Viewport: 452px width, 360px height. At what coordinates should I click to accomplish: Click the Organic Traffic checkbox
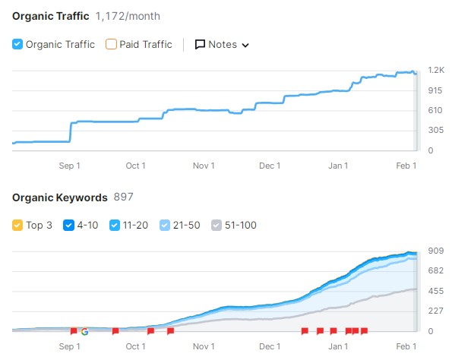point(18,44)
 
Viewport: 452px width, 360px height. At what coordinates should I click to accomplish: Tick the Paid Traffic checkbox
point(112,44)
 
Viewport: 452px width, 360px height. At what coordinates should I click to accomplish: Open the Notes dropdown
point(222,44)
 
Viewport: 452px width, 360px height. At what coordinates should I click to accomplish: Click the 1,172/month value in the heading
point(128,16)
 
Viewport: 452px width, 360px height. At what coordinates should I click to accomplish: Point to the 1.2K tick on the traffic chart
point(435,71)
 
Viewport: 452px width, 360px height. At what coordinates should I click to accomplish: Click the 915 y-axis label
point(435,90)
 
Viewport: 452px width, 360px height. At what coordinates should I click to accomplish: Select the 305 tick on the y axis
point(435,131)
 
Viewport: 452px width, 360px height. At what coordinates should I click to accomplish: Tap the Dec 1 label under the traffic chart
point(269,166)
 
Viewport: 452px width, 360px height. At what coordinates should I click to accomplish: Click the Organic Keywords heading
point(60,197)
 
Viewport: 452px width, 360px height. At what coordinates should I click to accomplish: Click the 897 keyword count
point(123,197)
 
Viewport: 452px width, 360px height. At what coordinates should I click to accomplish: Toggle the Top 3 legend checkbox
point(18,225)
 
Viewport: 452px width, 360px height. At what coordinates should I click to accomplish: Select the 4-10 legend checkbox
point(68,225)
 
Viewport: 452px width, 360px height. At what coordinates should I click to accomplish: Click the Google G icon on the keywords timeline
point(84,331)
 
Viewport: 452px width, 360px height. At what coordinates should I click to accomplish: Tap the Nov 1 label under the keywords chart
point(203,346)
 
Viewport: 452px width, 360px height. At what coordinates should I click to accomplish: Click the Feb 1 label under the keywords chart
point(406,346)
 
